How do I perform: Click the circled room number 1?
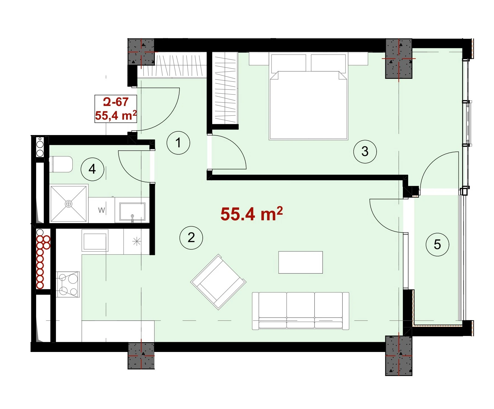[x=178, y=143]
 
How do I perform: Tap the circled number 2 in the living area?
[x=191, y=238]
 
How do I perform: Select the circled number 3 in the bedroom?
[x=365, y=152]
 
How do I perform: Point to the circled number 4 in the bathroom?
[x=92, y=169]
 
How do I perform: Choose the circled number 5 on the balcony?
[x=437, y=245]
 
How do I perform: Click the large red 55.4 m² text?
[x=251, y=214]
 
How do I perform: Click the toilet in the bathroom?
[x=62, y=164]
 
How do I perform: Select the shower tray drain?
[x=68, y=204]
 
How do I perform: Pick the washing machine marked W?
[x=101, y=210]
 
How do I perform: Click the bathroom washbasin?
[x=132, y=211]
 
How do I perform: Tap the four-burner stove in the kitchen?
[x=68, y=284]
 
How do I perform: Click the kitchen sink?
[x=95, y=240]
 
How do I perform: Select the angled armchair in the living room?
[x=218, y=282]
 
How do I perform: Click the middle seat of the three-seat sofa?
[x=301, y=310]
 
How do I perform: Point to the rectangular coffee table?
[x=301, y=262]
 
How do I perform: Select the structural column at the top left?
[x=141, y=52]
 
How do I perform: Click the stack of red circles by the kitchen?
[x=42, y=262]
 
